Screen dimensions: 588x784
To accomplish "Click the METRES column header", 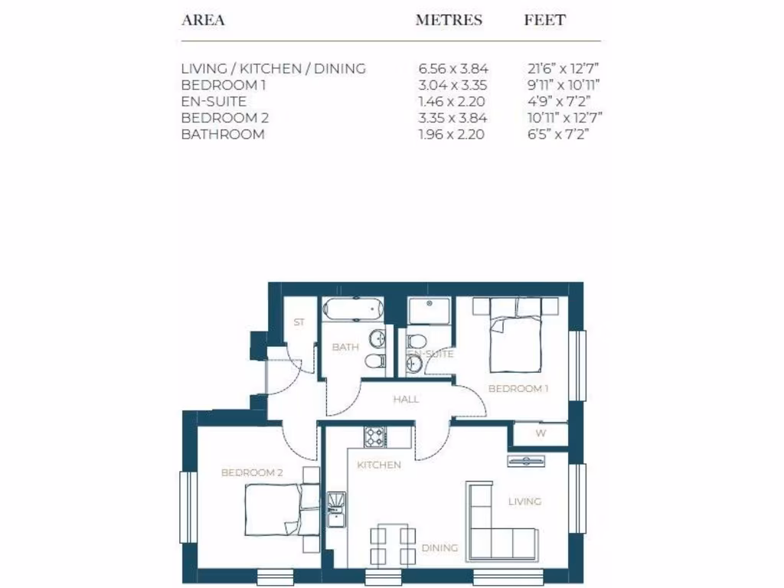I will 449,21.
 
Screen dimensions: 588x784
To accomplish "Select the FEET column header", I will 544,21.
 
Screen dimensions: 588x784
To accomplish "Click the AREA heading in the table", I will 203,21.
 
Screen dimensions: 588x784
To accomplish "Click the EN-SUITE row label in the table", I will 214,101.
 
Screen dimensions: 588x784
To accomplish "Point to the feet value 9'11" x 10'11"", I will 563,85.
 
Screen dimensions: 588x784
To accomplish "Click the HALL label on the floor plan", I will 406,399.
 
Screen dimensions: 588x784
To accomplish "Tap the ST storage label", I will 299,322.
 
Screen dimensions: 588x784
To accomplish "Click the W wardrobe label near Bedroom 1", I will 541,434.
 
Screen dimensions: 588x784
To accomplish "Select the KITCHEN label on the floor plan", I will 378,465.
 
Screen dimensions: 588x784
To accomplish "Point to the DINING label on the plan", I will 439,547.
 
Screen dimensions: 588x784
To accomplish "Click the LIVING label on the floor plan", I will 524,501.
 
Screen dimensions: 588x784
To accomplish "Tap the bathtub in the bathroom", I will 351,310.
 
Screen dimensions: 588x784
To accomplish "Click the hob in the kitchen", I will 374,436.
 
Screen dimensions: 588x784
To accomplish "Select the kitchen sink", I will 336,509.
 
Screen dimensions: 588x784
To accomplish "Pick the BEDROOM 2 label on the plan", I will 252,472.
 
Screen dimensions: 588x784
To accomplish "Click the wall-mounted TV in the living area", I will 526,459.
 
